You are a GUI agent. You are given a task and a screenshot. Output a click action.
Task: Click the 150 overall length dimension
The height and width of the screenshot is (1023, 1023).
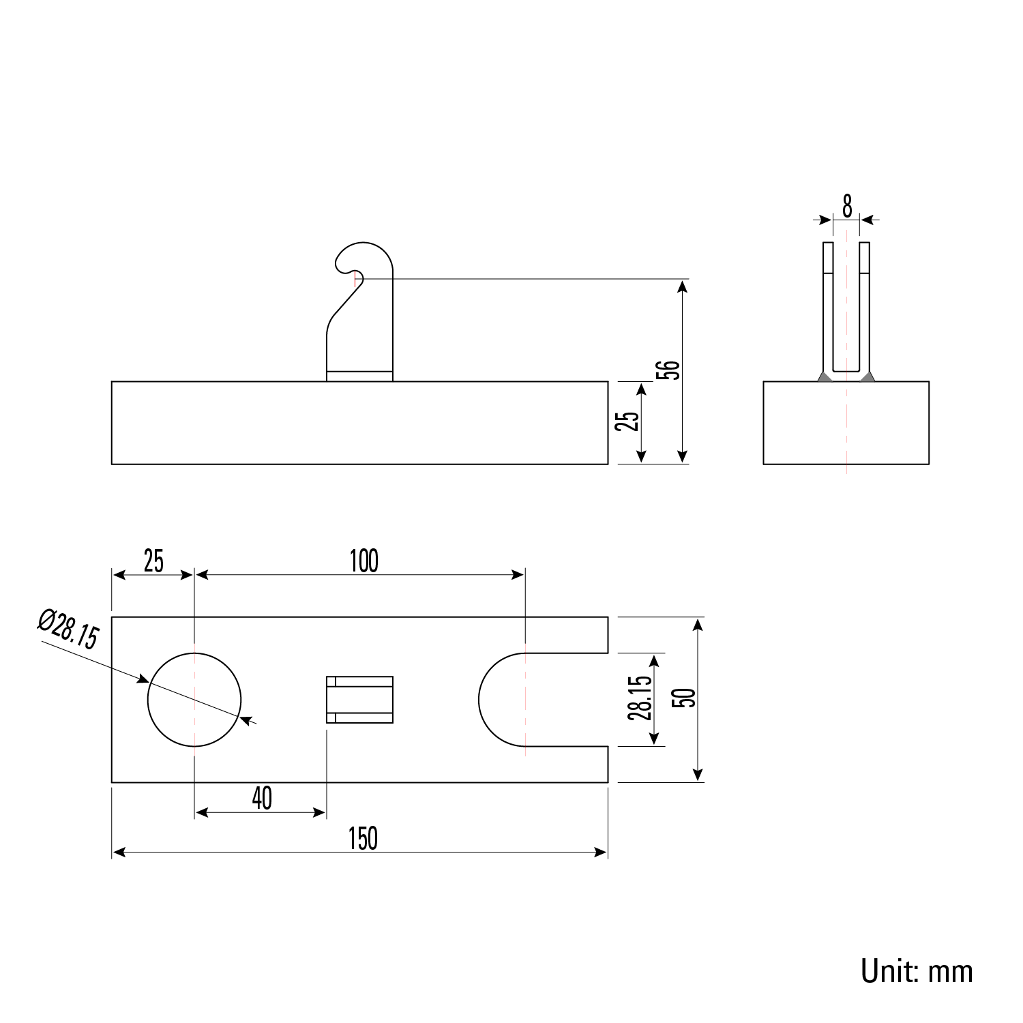(x=362, y=839)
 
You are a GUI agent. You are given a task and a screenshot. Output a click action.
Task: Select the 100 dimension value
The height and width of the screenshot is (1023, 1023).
(x=364, y=561)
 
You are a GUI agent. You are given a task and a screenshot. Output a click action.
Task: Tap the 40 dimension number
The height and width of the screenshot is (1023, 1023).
(x=262, y=798)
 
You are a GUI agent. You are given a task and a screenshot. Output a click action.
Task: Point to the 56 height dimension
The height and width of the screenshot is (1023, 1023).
(x=672, y=370)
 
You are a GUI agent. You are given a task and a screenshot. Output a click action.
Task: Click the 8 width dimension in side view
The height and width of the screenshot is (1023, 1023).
(x=847, y=205)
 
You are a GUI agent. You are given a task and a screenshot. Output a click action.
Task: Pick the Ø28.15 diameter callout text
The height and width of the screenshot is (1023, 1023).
(x=68, y=628)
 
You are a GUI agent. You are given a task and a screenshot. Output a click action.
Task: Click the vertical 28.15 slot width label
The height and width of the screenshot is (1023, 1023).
(x=640, y=698)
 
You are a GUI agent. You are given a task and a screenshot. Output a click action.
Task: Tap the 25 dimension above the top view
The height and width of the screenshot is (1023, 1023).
(x=153, y=561)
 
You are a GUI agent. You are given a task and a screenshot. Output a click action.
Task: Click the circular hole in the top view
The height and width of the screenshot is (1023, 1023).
(x=194, y=699)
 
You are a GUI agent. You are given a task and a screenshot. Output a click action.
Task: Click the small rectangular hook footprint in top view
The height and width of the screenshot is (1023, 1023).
(x=360, y=699)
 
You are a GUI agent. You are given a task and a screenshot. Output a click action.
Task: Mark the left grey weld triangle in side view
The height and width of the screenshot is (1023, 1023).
(x=825, y=376)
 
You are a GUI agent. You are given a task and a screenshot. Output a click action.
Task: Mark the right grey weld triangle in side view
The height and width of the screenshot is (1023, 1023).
(x=868, y=376)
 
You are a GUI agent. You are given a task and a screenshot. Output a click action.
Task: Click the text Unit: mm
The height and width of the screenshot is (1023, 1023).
(x=916, y=970)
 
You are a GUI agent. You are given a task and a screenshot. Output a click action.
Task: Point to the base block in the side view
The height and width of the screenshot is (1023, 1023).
(x=846, y=423)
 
